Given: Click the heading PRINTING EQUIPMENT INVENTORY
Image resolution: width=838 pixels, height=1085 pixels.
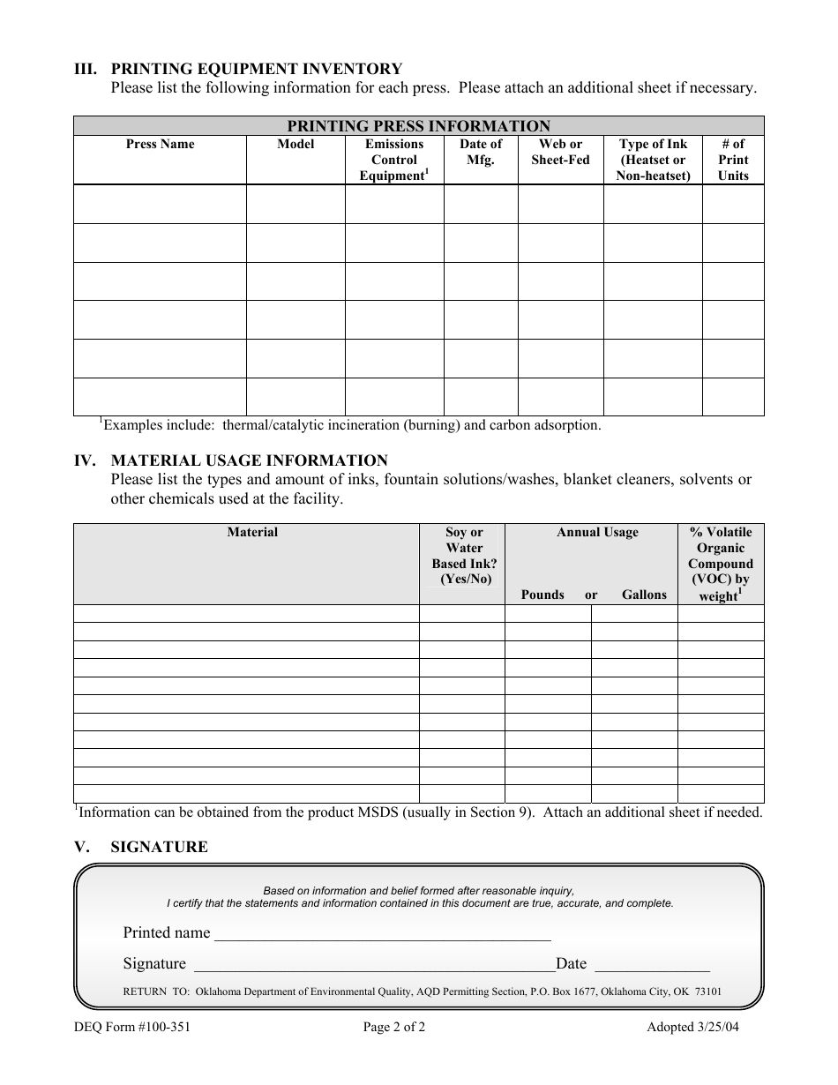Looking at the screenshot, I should click(256, 69).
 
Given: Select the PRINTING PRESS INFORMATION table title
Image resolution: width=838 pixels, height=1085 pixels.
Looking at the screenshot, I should click(418, 126).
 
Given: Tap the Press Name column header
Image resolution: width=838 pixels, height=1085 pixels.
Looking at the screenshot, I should click(160, 145).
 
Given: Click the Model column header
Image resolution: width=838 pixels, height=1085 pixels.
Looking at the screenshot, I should click(296, 145).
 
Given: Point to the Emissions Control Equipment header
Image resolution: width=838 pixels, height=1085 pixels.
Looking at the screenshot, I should click(394, 160).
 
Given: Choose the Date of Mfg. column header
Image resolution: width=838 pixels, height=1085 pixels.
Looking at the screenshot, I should click(481, 152).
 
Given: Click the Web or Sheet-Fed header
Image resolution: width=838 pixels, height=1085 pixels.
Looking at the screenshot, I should click(560, 152).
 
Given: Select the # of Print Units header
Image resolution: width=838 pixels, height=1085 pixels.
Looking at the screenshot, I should click(733, 160).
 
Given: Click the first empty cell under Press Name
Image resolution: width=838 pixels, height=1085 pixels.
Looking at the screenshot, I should click(160, 204).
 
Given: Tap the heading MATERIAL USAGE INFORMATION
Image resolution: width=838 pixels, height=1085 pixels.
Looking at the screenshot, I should click(249, 460).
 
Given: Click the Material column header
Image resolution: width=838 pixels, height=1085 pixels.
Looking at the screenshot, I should click(252, 532).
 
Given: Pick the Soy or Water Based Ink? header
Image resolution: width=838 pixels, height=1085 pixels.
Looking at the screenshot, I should click(464, 556).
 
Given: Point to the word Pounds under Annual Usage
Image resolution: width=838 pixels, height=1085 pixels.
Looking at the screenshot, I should click(542, 595).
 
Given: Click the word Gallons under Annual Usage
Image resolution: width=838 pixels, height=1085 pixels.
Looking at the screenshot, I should click(644, 595).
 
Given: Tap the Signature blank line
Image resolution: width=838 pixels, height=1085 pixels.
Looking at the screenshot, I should click(372, 965).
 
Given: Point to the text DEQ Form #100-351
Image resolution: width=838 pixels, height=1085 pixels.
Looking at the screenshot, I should click(132, 1027).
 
